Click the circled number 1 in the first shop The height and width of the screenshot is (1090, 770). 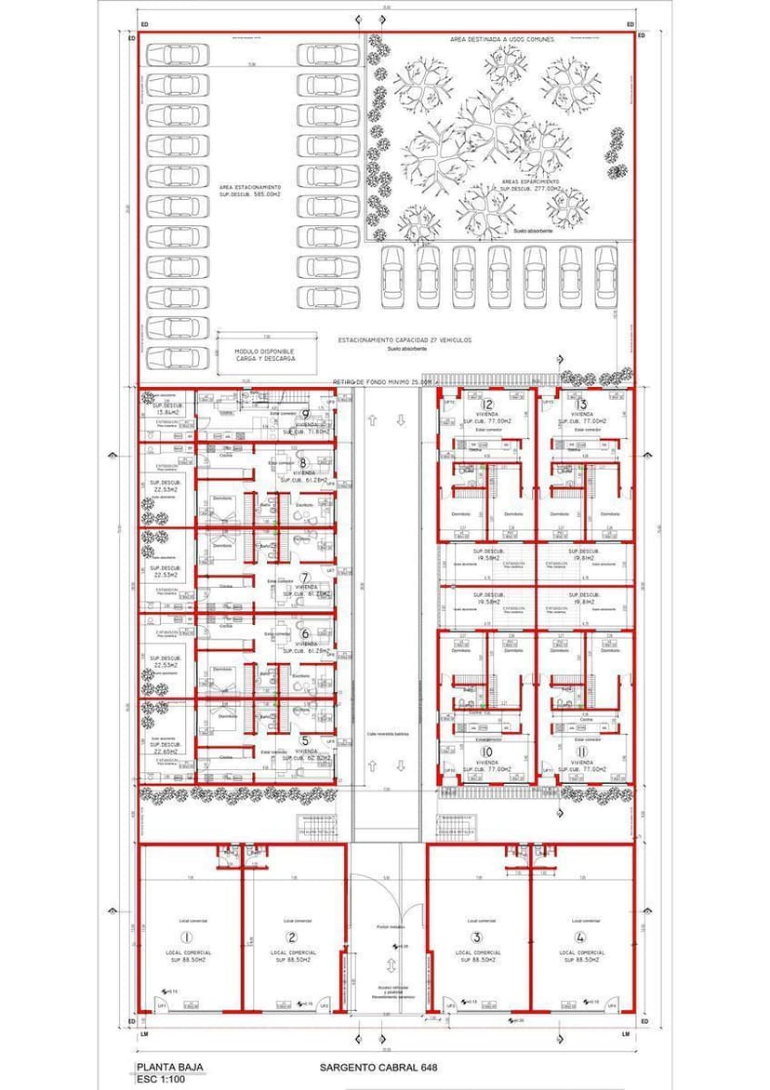coord(187,937)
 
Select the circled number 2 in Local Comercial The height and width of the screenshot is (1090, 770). coord(292,937)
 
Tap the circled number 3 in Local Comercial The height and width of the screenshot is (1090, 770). coord(477,937)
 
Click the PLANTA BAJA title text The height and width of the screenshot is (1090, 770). coord(170,1067)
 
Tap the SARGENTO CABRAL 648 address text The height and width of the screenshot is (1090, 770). coord(378,1068)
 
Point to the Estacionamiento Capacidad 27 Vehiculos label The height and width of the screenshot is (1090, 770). coord(404,340)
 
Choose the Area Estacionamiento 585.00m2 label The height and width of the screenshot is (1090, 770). coord(250,191)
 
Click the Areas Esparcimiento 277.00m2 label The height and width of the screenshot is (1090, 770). coord(530,185)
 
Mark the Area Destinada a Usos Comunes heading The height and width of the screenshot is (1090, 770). coord(502,40)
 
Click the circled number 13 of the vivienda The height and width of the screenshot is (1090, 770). coord(582,404)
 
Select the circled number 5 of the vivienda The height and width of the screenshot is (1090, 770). coord(305,740)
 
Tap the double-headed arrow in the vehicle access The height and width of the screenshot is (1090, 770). coord(392,964)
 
